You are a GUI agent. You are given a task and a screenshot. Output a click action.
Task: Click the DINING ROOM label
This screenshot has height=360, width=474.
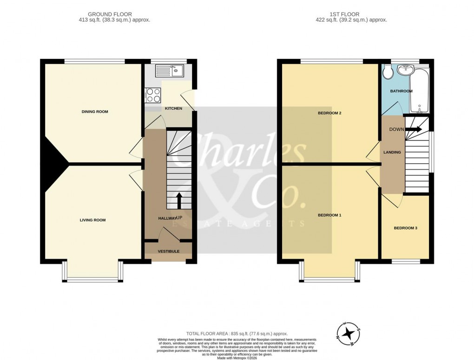(95, 111)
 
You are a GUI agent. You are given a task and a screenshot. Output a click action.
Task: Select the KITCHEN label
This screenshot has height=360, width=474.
(173, 108)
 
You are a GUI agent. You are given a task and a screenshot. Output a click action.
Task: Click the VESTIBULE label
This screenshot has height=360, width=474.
(168, 251)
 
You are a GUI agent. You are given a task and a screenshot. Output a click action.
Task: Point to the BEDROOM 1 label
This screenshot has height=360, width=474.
(329, 215)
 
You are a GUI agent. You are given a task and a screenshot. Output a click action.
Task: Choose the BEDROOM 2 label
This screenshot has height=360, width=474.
(329, 113)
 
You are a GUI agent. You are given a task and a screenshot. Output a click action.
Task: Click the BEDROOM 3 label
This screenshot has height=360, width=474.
(405, 228)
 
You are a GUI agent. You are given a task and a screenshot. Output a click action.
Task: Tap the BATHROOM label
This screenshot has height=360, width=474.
(401, 91)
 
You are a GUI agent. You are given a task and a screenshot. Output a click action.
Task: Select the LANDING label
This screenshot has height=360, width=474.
(392, 152)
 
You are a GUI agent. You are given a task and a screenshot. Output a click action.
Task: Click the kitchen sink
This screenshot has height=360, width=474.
(170, 71)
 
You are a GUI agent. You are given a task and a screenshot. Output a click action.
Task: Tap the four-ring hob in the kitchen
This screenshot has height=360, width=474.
(154, 95)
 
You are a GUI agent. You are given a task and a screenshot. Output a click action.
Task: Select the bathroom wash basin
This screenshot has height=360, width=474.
(408, 70)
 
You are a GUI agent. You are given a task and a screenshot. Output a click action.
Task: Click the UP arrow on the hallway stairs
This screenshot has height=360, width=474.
(179, 201)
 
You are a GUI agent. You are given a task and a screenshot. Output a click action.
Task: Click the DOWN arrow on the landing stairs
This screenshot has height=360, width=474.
(415, 130)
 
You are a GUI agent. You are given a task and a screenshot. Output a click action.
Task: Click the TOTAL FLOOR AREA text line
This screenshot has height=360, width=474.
(237, 334)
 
